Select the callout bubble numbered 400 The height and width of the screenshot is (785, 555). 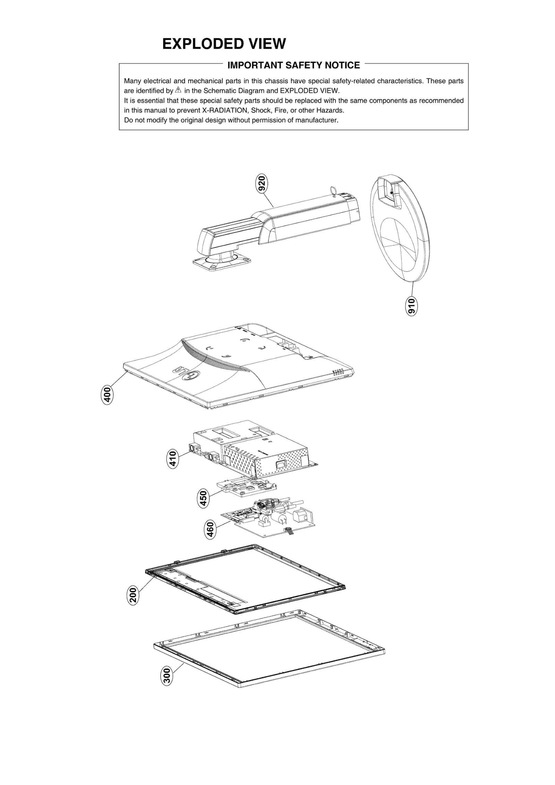coord(107,395)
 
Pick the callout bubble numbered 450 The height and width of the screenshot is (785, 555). coord(204,498)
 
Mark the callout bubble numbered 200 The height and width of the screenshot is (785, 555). coord(133,595)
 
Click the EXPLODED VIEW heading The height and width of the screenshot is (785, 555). coord(224,44)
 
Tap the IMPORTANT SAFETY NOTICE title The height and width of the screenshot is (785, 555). coord(293,65)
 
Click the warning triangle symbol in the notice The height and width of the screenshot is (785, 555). coord(178,90)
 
